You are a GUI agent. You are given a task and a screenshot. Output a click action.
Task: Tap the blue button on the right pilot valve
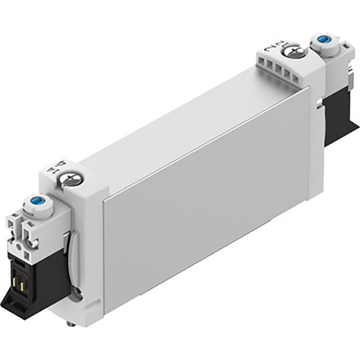click(x=322, y=39)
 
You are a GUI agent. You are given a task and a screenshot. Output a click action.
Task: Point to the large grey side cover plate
click(x=206, y=201)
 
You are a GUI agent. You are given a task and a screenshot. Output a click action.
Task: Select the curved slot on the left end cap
click(x=73, y=257)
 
